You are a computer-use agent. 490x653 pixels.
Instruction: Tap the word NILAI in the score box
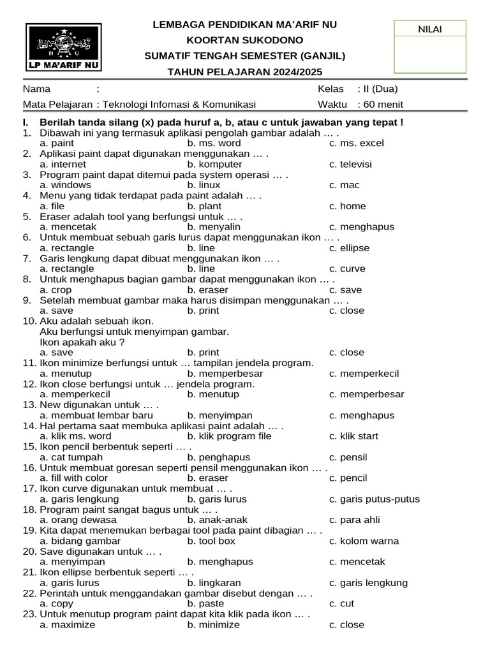click(x=429, y=29)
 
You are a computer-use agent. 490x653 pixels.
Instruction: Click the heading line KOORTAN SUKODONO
click(x=245, y=40)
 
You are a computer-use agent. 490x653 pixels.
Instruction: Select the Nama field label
click(x=37, y=89)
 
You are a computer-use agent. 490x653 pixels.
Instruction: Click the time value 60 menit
click(x=383, y=105)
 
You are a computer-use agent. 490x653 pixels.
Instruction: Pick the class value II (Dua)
click(x=380, y=89)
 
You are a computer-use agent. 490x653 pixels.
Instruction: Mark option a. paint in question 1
click(x=57, y=143)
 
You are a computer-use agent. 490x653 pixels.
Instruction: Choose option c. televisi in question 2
click(x=350, y=165)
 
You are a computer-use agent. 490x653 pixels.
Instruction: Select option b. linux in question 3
click(x=204, y=185)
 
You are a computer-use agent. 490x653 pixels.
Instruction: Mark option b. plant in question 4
click(x=204, y=206)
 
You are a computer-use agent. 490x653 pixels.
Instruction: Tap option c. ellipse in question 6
click(x=349, y=248)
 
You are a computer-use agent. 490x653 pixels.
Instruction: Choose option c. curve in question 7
click(x=347, y=269)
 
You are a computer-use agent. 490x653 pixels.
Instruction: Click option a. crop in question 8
click(x=56, y=290)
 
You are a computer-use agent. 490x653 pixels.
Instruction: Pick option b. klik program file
click(x=229, y=436)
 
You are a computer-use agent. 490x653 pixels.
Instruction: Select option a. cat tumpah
click(x=68, y=457)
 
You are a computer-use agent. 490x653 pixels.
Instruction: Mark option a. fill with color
click(x=73, y=478)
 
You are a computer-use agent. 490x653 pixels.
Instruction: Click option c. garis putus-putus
click(x=375, y=499)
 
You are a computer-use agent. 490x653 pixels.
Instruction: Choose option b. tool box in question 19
click(x=211, y=541)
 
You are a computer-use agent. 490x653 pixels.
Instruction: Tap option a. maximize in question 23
click(x=67, y=625)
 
